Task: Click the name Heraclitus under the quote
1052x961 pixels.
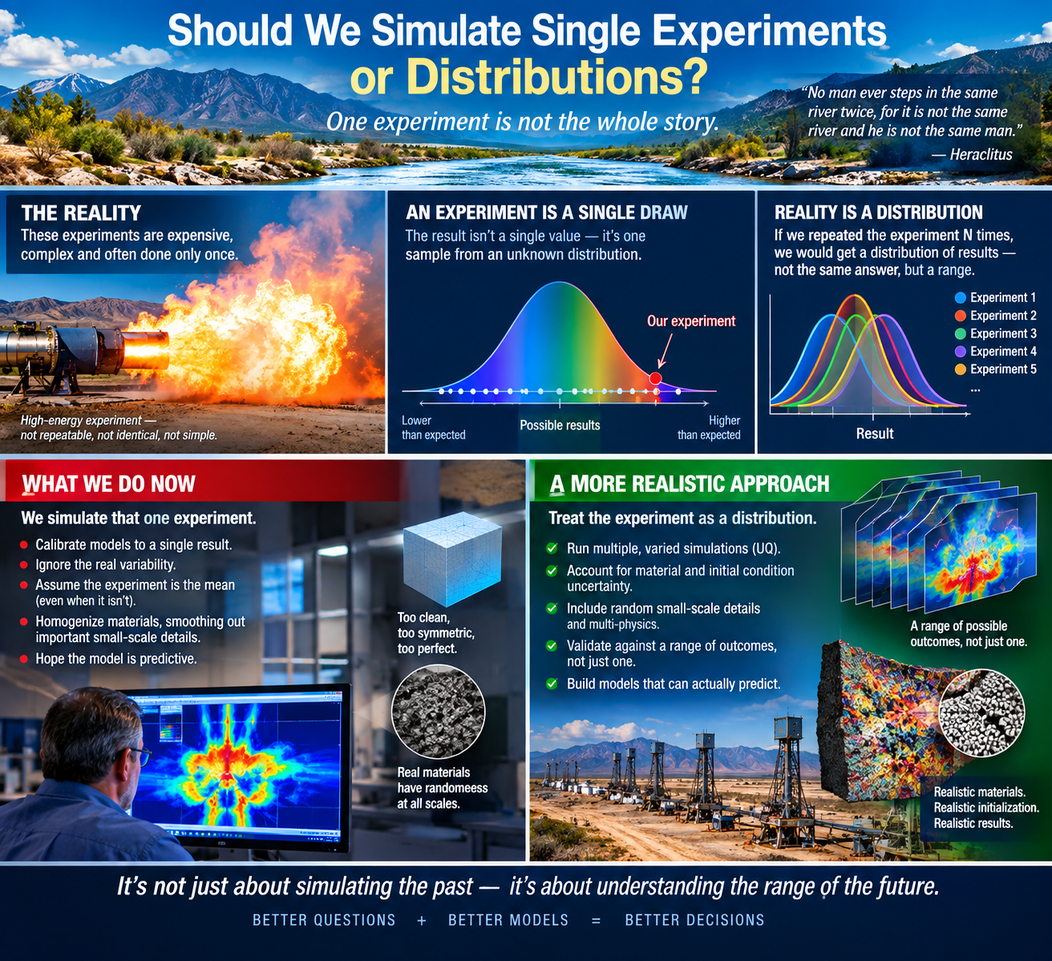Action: coord(981,154)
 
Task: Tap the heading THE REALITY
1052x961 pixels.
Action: coord(81,213)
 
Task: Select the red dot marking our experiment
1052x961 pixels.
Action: coord(655,378)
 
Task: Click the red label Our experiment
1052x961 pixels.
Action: coord(691,321)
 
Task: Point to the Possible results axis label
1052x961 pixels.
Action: coord(560,425)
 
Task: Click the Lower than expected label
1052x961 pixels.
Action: coord(433,427)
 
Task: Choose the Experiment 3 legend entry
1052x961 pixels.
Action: coord(995,333)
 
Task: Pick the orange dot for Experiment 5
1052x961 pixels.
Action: coord(961,369)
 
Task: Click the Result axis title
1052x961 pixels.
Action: coord(875,434)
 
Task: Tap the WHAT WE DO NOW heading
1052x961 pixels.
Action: coord(108,484)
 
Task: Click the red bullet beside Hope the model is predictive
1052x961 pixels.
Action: coord(23,659)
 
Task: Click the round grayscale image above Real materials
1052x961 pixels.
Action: coord(439,712)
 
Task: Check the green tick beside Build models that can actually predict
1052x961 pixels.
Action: coord(552,684)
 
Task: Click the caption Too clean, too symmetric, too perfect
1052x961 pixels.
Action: coord(436,633)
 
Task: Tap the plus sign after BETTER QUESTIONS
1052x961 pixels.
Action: coord(422,920)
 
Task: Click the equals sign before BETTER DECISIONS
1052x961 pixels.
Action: coord(597,920)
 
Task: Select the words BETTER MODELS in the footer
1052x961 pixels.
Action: coord(508,920)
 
